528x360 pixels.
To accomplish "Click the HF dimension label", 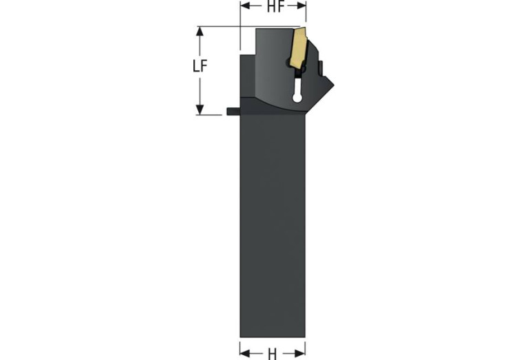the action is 275,6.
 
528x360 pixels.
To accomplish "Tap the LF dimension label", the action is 200,66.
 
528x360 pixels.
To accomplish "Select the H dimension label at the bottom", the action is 273,354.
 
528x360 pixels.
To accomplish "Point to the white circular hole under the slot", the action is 297,98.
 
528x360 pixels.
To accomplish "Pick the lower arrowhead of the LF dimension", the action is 200,109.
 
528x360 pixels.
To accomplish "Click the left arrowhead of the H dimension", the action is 246,353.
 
